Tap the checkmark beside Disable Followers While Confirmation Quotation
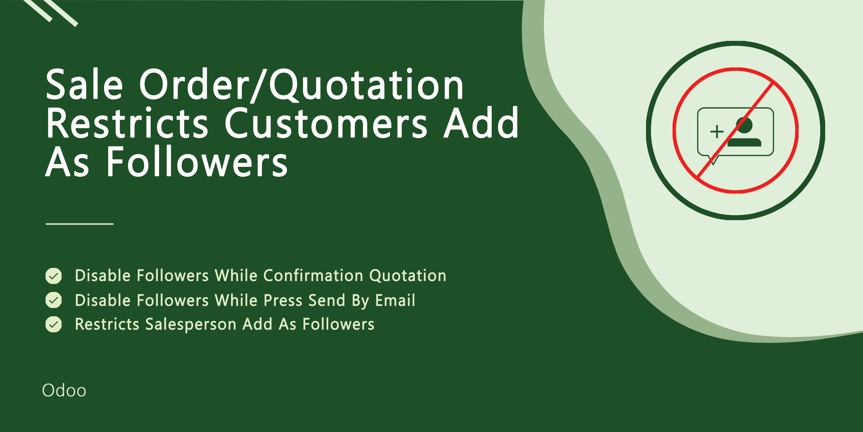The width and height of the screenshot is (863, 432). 54,276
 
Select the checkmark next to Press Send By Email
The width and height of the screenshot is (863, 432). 54,300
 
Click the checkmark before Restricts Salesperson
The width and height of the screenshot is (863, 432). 54,324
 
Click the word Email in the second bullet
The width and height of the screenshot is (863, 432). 395,300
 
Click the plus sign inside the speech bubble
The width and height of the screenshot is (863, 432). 717,132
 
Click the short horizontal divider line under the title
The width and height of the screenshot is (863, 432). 80,223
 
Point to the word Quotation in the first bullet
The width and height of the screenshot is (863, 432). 408,276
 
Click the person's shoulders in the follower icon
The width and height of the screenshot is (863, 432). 744,143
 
